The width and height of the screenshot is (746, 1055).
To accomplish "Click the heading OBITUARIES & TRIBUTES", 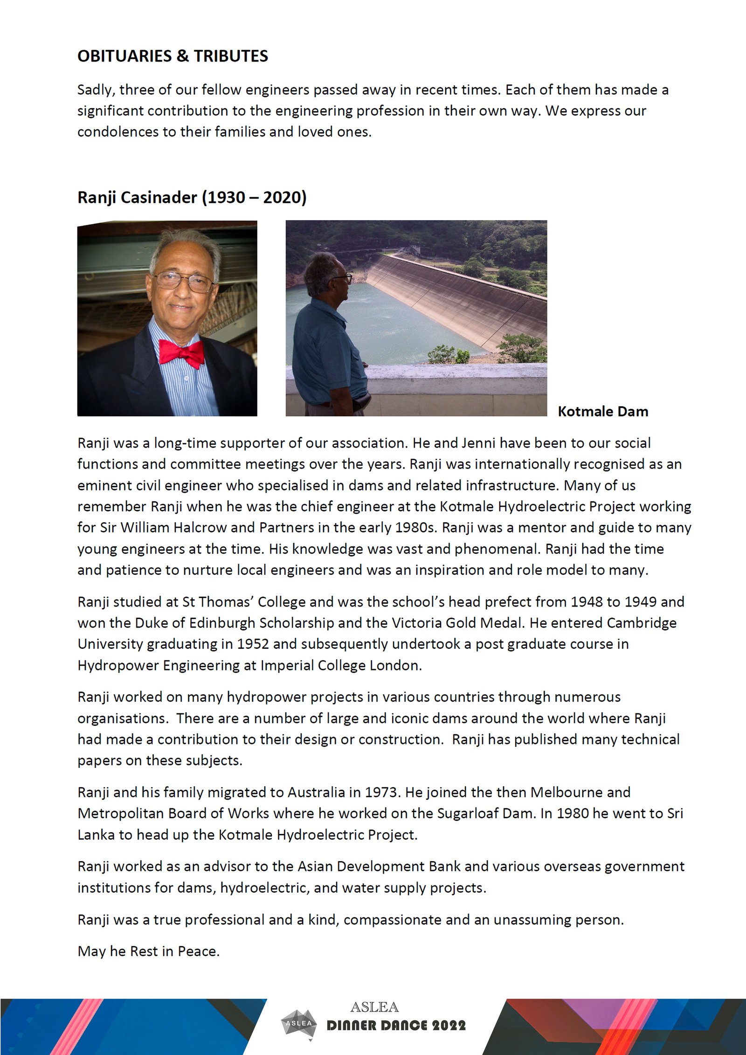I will click(x=173, y=56).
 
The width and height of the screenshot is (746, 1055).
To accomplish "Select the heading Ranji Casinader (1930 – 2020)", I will click(x=192, y=197).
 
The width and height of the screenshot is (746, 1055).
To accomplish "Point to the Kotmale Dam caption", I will click(x=603, y=411).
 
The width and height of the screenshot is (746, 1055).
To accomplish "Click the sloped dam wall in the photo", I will click(x=457, y=298).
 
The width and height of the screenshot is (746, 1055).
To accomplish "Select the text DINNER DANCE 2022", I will click(x=396, y=1026).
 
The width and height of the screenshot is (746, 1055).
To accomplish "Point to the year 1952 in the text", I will click(x=253, y=644).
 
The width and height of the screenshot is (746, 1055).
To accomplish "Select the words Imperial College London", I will click(x=340, y=665).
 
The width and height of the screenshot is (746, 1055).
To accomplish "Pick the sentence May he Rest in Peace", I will click(x=148, y=951).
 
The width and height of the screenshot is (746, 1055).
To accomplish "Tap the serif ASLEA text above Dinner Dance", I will click(x=374, y=1007).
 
